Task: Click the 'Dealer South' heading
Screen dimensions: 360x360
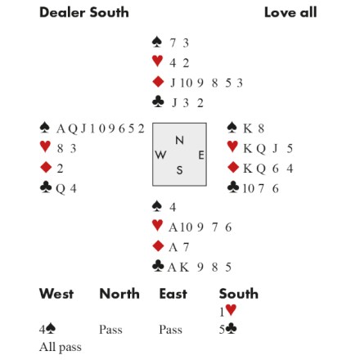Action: click(84, 12)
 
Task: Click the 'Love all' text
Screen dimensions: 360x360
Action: click(290, 12)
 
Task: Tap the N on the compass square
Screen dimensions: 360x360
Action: click(179, 140)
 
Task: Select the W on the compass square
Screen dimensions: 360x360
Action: click(160, 155)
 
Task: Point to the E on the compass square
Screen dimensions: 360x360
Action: click(201, 155)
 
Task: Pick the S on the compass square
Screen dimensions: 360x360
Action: click(179, 170)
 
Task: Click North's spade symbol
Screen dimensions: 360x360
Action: click(157, 43)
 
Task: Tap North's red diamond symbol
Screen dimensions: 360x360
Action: click(158, 82)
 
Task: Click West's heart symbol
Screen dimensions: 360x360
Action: click(45, 146)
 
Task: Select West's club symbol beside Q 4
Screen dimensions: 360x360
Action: click(46, 187)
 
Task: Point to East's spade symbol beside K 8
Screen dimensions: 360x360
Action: click(232, 128)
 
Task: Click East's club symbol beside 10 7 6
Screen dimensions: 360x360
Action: click(233, 187)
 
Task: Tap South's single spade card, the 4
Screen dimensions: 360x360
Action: click(173, 207)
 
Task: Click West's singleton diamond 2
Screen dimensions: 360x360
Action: click(60, 169)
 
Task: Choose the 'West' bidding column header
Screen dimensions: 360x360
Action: click(56, 294)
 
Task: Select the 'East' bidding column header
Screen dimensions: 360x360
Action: click(173, 294)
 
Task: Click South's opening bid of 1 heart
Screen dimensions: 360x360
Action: click(228, 311)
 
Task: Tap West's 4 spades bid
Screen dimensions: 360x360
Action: click(47, 329)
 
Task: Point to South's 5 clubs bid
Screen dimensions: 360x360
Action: click(228, 329)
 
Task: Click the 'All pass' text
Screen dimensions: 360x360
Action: click(61, 348)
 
